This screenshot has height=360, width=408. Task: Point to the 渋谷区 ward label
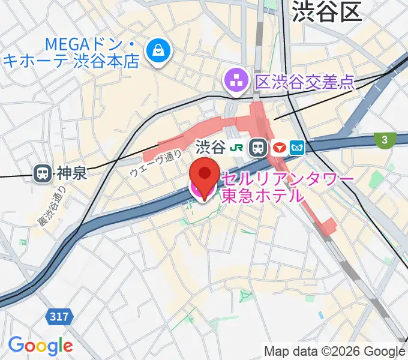(327, 11)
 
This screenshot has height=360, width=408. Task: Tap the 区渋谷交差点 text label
(305, 80)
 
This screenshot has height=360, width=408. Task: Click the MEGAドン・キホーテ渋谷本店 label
(72, 52)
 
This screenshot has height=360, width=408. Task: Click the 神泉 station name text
(72, 175)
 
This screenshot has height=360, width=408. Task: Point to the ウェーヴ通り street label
(155, 164)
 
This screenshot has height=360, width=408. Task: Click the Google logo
(40, 345)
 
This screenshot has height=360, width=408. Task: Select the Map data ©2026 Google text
(334, 351)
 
